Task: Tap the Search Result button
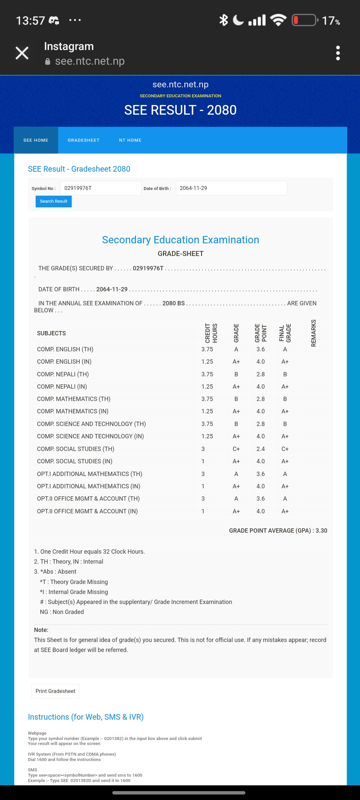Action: [x=53, y=201]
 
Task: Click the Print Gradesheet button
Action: [x=55, y=691]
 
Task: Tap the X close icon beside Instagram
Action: [x=22, y=53]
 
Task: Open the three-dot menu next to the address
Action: [x=338, y=53]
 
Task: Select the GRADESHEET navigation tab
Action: [x=83, y=140]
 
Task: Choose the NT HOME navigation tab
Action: [x=130, y=140]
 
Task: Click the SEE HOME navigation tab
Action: [x=36, y=140]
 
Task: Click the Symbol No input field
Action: [x=101, y=188]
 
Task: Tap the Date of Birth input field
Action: [x=231, y=188]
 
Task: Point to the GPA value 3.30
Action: [x=321, y=531]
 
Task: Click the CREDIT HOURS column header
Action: [x=211, y=333]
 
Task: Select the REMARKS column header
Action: [x=313, y=333]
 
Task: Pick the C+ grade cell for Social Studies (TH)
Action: [x=236, y=449]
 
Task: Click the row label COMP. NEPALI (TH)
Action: [x=63, y=374]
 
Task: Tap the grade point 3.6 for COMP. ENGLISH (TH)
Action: [x=260, y=349]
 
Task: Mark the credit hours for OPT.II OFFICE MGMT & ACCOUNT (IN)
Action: [x=203, y=511]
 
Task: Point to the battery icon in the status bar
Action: [x=304, y=20]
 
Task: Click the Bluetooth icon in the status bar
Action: [x=223, y=20]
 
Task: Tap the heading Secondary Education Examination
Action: [x=180, y=240]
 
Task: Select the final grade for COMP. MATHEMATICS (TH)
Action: [x=285, y=399]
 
